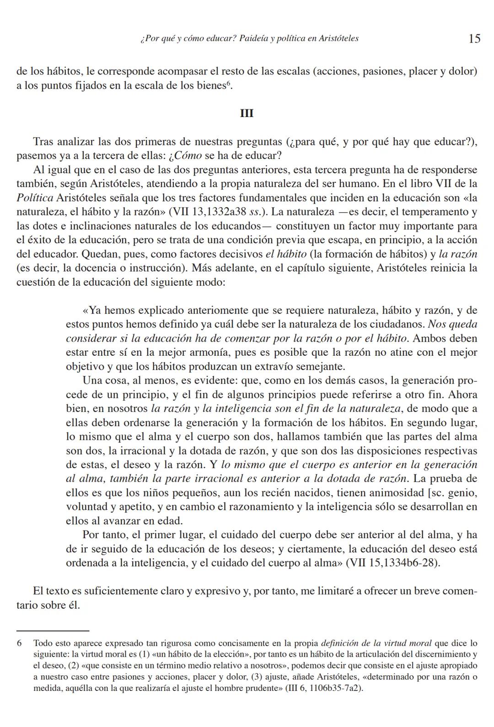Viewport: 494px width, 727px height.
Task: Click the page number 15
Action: tap(474, 38)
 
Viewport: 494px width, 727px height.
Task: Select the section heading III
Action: tap(247, 113)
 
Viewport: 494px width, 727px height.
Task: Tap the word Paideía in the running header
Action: tap(253, 38)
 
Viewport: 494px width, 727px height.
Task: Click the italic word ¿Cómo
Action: tap(185, 155)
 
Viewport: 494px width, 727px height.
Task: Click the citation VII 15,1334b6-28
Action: tap(392, 563)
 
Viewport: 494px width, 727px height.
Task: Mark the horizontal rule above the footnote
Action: tap(53, 631)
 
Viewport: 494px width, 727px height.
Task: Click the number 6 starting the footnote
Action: tap(19, 643)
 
